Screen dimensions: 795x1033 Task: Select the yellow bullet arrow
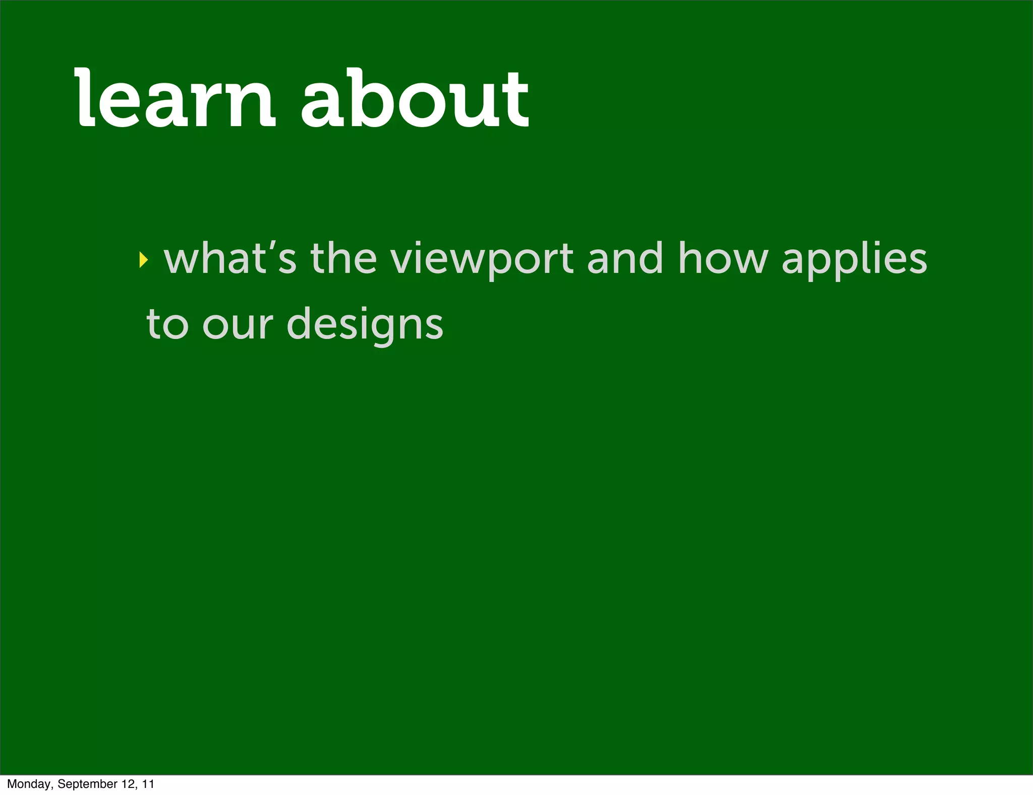click(144, 260)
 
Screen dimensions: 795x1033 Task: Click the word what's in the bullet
click(230, 258)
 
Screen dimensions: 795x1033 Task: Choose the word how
click(723, 258)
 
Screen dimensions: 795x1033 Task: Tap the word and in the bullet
click(624, 258)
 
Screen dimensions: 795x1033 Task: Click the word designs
click(365, 325)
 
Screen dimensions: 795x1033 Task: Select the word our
click(237, 325)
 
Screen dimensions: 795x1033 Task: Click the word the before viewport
click(343, 258)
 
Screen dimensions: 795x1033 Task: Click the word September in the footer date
click(87, 784)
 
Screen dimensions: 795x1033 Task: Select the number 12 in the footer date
click(129, 784)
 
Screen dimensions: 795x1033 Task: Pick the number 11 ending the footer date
click(148, 784)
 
